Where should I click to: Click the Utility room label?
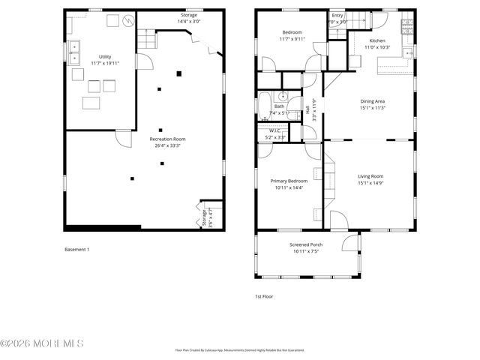pos(104,60)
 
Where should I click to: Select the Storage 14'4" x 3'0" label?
pos(189,18)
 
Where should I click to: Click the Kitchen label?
pos(377,43)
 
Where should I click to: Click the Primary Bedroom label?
pos(289,184)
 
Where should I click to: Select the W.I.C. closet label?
pos(275,134)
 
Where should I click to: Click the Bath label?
pos(279,109)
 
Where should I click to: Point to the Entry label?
pos(337,18)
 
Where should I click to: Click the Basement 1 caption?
pos(76,249)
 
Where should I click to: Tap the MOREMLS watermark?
pos(42,344)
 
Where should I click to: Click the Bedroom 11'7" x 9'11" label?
pos(292,35)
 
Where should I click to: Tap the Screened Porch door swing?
pos(349,241)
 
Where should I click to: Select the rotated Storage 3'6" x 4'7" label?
pos(204,217)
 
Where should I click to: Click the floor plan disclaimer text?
pos(239,349)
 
